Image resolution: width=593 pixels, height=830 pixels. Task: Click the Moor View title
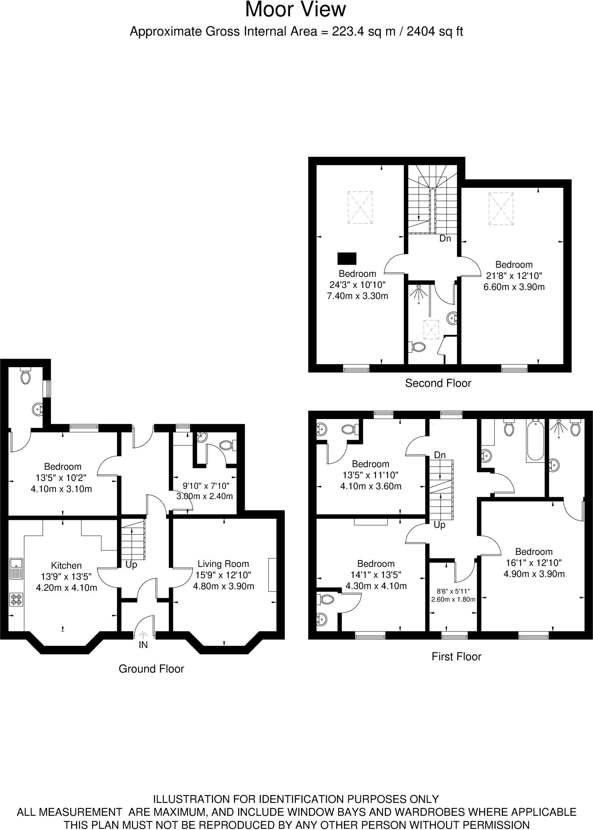point(296,10)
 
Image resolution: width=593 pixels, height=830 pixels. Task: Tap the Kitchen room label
point(66,565)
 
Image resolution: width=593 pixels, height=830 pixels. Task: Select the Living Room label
point(223,564)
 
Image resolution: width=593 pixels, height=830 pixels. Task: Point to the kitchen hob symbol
point(17,599)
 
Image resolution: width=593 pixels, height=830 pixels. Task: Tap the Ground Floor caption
point(151,669)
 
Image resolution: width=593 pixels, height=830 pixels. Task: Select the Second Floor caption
point(438,383)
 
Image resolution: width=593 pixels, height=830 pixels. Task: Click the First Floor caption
point(456,657)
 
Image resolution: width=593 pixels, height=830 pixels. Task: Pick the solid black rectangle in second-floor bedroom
point(347,258)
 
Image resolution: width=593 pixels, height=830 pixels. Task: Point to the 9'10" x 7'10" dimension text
point(206,486)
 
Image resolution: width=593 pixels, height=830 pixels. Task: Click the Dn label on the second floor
point(445,239)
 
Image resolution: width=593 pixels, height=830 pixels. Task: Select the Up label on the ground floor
point(131,565)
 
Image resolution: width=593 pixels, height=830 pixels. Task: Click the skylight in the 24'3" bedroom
point(360,207)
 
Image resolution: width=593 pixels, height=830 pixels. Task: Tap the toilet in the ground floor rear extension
point(26,376)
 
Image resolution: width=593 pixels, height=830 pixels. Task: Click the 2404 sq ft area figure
point(435,32)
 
